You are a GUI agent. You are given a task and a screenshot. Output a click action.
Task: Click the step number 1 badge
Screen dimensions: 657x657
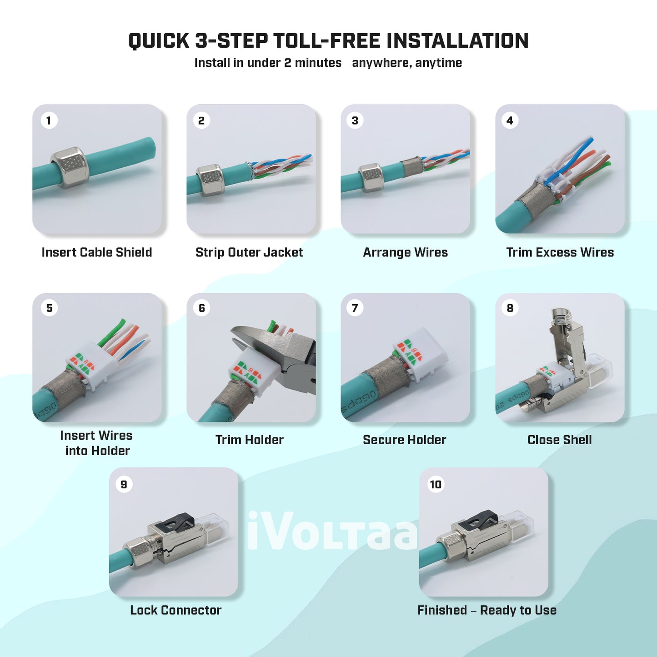coord(49,120)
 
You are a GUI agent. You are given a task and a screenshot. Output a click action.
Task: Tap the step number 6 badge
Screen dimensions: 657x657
coord(202,308)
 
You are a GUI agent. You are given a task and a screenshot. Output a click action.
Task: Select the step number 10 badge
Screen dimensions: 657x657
coord(436,484)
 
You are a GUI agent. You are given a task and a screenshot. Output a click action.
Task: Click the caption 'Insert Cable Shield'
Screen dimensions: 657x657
coord(97,252)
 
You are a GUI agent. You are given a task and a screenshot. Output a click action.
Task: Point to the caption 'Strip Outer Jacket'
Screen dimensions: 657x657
coord(249,252)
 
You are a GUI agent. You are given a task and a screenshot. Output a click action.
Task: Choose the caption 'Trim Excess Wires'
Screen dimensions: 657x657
coord(560,252)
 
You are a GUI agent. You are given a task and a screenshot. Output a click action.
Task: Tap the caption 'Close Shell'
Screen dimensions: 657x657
coord(560,440)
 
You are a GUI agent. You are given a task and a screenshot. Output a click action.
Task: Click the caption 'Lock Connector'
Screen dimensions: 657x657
coord(176,610)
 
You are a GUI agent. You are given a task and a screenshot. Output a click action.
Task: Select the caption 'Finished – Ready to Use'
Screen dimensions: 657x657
coord(487,610)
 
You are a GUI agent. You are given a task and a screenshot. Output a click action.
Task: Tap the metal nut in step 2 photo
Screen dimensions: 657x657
coord(210,180)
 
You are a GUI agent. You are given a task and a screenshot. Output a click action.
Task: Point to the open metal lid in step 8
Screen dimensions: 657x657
coord(564,336)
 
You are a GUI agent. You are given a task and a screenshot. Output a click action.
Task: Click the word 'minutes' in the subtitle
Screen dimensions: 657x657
coord(318,63)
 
